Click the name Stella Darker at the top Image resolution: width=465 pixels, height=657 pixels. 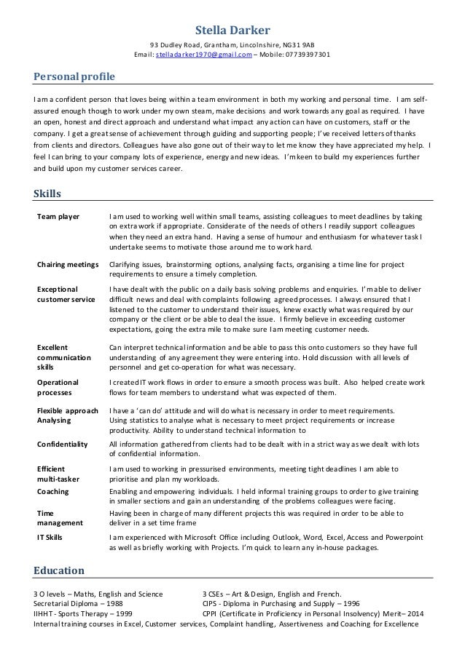pyautogui.click(x=232, y=30)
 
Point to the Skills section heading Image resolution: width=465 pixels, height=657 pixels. pyautogui.click(x=47, y=194)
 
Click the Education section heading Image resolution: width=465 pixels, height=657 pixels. pyautogui.click(x=60, y=570)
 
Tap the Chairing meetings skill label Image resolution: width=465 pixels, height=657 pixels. pyautogui.click(x=68, y=265)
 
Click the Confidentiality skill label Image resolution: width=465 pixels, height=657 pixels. pyautogui.click(x=62, y=444)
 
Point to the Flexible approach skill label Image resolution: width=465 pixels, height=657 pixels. pyautogui.click(x=67, y=410)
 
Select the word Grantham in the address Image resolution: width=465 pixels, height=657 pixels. pyautogui.click(x=212, y=44)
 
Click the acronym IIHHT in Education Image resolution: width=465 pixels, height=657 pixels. pyautogui.click(x=46, y=613)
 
